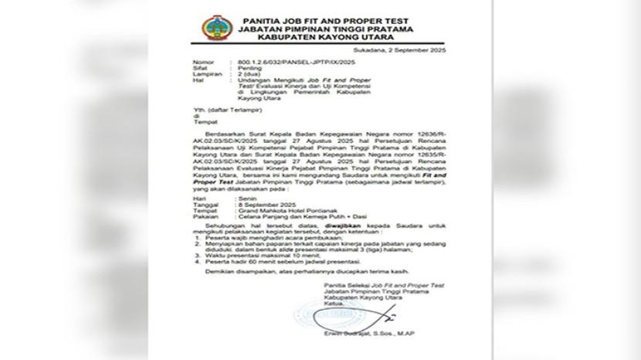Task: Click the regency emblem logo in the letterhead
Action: click(216, 29)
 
